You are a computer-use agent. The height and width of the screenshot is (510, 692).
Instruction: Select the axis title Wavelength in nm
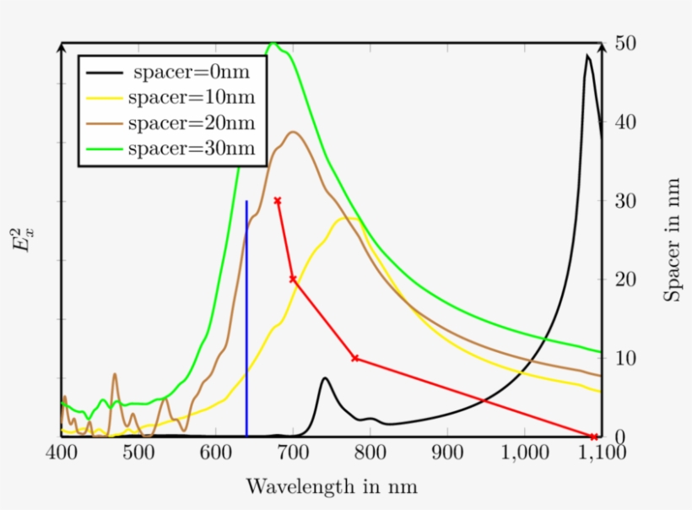tap(331, 487)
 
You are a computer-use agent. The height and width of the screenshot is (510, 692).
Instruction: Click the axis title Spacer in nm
tap(672, 240)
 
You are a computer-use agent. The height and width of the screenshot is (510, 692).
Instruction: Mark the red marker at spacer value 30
tap(278, 201)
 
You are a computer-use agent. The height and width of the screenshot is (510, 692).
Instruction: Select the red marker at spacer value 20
tap(293, 279)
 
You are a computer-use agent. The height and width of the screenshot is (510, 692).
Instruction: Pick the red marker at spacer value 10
tap(354, 358)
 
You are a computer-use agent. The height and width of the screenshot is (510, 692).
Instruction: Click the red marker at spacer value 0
tap(594, 437)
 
